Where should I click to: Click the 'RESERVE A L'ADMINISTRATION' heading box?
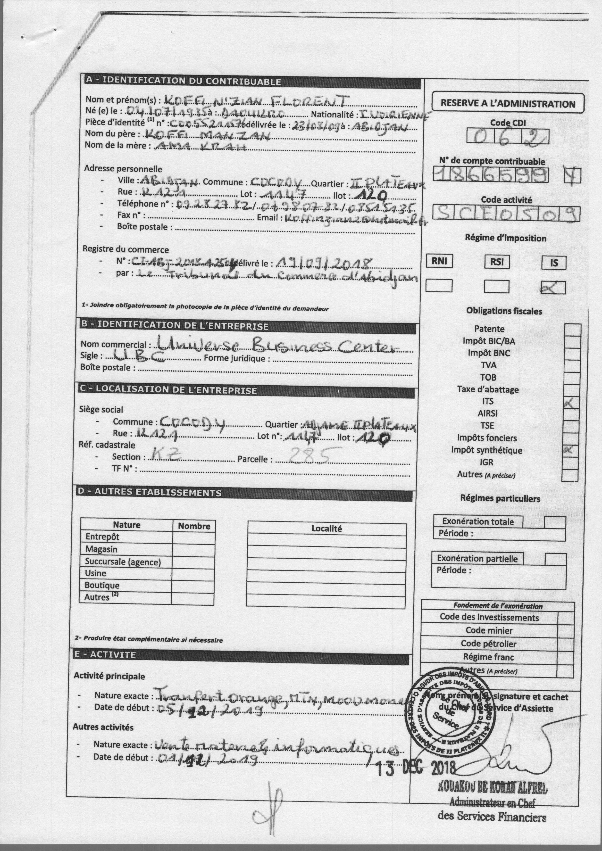[x=508, y=103]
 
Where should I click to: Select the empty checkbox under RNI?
[x=439, y=285]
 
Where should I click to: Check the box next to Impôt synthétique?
[x=570, y=451]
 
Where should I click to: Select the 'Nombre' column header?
[x=194, y=526]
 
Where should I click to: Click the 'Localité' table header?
[x=326, y=529]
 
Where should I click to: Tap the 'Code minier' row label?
[x=489, y=630]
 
